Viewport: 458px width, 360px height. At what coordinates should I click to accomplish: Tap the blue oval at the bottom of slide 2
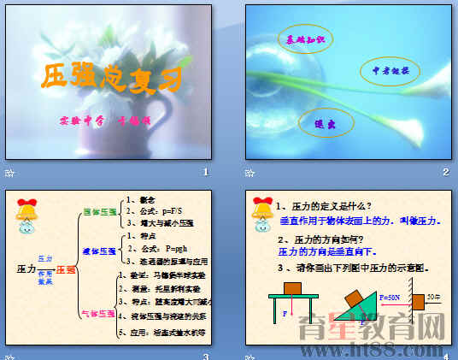click(324, 123)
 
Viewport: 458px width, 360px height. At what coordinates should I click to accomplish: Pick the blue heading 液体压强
click(99, 252)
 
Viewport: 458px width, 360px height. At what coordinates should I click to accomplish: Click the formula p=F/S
click(156, 210)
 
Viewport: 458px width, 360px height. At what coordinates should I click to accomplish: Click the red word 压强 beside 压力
click(65, 269)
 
